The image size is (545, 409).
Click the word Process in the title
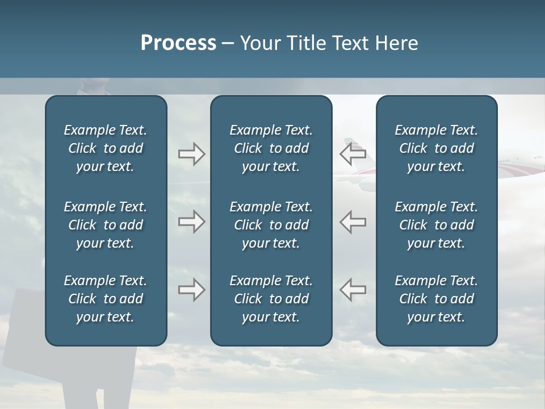click(178, 43)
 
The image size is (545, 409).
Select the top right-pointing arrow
click(191, 154)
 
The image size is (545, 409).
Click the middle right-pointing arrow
click(191, 222)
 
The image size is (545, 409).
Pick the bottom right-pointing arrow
click(191, 290)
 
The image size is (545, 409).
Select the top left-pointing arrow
click(353, 153)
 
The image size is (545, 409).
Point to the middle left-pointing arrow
click(353, 222)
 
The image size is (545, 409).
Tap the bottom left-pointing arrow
click(353, 290)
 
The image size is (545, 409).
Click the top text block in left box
click(106, 148)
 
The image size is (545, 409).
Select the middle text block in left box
click(106, 225)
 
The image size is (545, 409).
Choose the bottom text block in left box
click(106, 299)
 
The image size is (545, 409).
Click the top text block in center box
click(271, 148)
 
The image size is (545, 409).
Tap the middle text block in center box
click(271, 225)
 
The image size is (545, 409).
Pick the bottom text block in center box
click(271, 299)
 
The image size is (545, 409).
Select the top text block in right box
click(436, 148)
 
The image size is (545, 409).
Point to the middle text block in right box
click(436, 225)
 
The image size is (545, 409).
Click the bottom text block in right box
click(436, 299)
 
